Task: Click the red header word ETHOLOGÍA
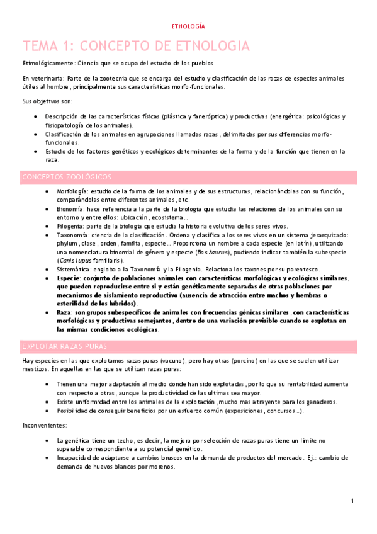coord(189,27)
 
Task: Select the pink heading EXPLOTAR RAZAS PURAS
coord(64,346)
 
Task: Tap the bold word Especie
coord(69,278)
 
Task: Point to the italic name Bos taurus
coord(212,252)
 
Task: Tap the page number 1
coord(353,501)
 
